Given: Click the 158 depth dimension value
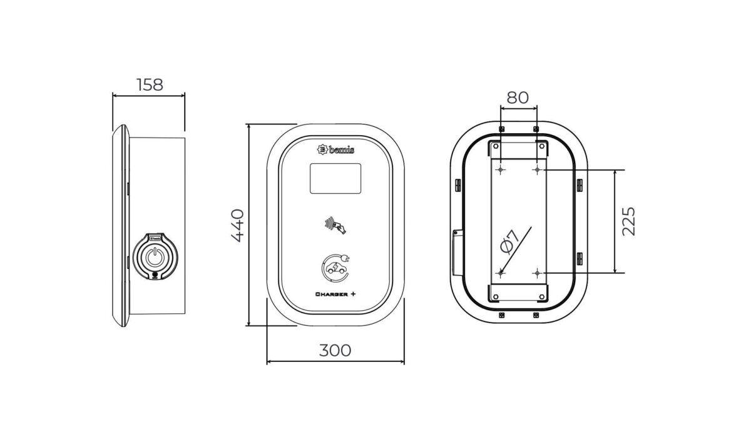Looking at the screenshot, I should (149, 84).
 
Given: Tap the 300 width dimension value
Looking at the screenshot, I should (335, 350).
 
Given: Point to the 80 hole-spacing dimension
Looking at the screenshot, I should (518, 98).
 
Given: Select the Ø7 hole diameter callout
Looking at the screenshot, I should (509, 241).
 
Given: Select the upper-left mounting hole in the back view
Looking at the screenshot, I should (501, 169).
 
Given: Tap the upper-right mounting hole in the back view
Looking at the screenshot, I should (537, 169).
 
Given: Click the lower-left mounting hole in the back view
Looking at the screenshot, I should (501, 273).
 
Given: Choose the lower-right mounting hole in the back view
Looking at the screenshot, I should (537, 273).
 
